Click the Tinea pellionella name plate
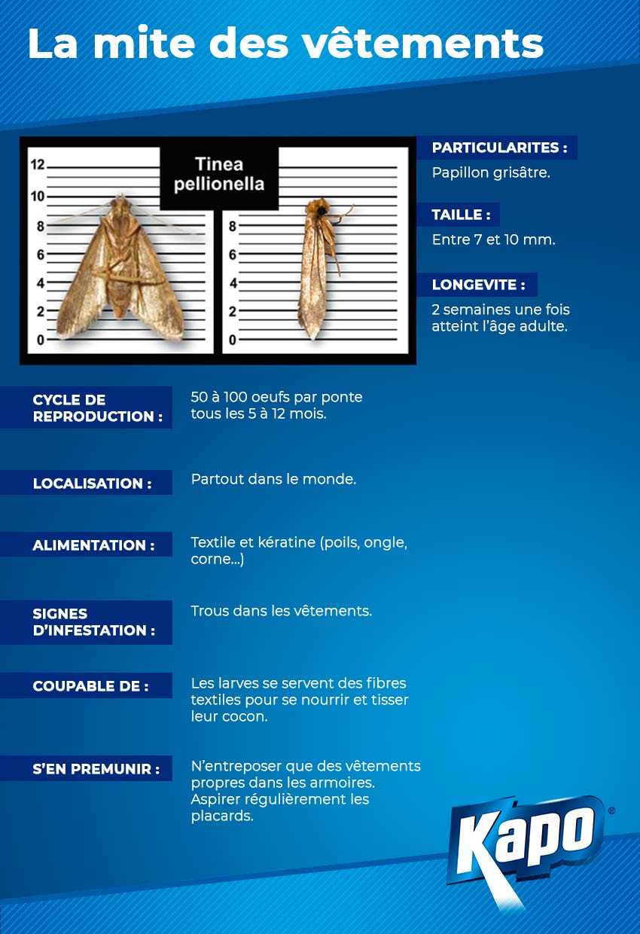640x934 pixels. pyautogui.click(x=219, y=174)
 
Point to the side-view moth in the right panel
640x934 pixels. pyautogui.click(x=315, y=268)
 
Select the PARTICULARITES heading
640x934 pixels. pyautogui.click(x=499, y=148)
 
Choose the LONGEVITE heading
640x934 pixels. pyautogui.click(x=478, y=285)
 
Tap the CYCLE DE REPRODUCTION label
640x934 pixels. pyautogui.click(x=97, y=408)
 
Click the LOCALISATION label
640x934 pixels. pyautogui.click(x=92, y=484)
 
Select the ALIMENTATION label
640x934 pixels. pyautogui.click(x=93, y=545)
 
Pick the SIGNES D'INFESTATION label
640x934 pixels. pyautogui.click(x=93, y=622)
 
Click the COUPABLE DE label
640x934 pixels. pyautogui.click(x=90, y=686)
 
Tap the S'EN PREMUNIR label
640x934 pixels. pyautogui.click(x=96, y=769)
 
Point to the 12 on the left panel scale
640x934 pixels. pyautogui.click(x=37, y=164)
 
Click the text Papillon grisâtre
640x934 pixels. pyautogui.click(x=491, y=172)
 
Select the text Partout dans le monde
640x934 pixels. pyautogui.click(x=273, y=479)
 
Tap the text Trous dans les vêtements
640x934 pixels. pyautogui.click(x=281, y=611)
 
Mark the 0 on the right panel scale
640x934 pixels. pyautogui.click(x=233, y=340)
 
